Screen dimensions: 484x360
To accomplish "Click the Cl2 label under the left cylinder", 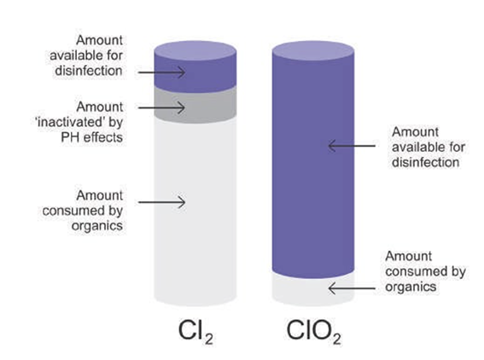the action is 195,332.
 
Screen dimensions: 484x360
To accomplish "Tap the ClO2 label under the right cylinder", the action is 313,332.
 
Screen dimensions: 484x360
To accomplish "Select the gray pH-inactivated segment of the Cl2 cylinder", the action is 195,105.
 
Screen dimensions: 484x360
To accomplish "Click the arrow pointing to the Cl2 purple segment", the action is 161,73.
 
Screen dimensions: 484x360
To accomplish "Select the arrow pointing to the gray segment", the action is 161,107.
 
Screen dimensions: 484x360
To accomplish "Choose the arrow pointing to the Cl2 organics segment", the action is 161,202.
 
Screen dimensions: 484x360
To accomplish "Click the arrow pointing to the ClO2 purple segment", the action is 352,146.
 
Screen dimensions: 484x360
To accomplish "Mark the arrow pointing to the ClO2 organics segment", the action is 352,288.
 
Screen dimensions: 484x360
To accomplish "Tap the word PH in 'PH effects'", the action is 70,137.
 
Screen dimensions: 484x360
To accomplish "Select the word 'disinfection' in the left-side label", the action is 89,71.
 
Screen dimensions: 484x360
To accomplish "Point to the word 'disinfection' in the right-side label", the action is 425,162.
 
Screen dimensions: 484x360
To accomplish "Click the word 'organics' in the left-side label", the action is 97,226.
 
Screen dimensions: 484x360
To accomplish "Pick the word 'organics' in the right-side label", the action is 411,287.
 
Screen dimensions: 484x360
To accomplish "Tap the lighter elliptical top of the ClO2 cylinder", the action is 313,50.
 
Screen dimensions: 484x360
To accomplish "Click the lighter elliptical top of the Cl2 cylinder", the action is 195,50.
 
